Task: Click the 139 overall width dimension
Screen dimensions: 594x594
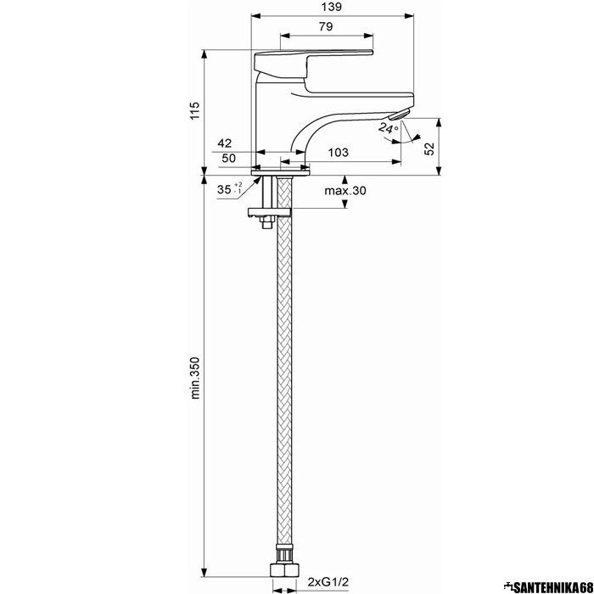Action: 333,7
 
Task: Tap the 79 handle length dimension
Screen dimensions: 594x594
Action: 326,26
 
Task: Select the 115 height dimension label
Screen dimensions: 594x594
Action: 194,111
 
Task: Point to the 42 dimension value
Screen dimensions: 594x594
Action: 224,143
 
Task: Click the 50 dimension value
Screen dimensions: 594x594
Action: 228,158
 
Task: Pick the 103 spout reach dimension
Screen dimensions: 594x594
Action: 338,152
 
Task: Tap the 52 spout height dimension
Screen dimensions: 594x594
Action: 429,148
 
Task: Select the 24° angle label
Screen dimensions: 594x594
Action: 389,127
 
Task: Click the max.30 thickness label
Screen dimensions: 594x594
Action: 345,190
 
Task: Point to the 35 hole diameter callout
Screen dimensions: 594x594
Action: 230,188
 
